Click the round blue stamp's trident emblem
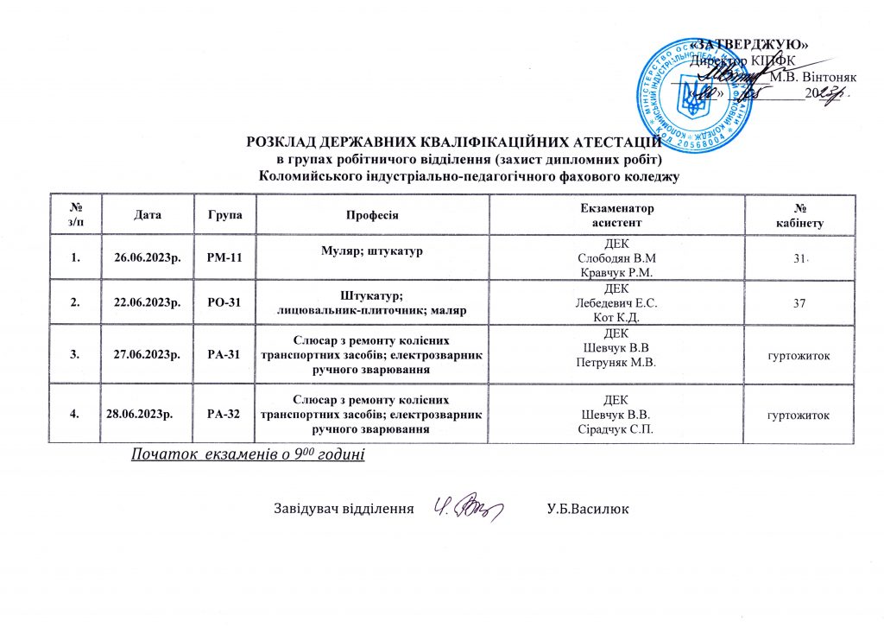click(693, 96)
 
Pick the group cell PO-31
click(225, 302)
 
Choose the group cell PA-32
click(225, 414)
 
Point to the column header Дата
click(147, 213)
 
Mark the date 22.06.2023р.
click(147, 302)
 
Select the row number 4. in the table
click(79, 414)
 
